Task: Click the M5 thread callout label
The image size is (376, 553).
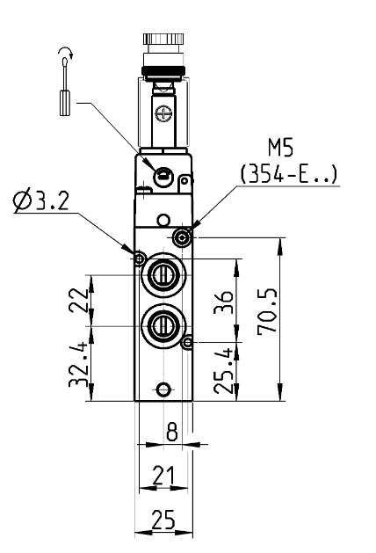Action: (280, 148)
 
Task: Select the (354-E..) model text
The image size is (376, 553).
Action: (289, 174)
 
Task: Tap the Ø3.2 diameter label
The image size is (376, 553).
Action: (41, 201)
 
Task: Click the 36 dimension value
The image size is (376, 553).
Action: (224, 302)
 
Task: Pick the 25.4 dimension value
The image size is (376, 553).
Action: (224, 371)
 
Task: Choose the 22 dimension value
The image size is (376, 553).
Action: (78, 300)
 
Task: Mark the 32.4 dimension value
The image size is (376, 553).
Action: (78, 364)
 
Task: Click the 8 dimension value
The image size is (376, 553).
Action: (171, 431)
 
